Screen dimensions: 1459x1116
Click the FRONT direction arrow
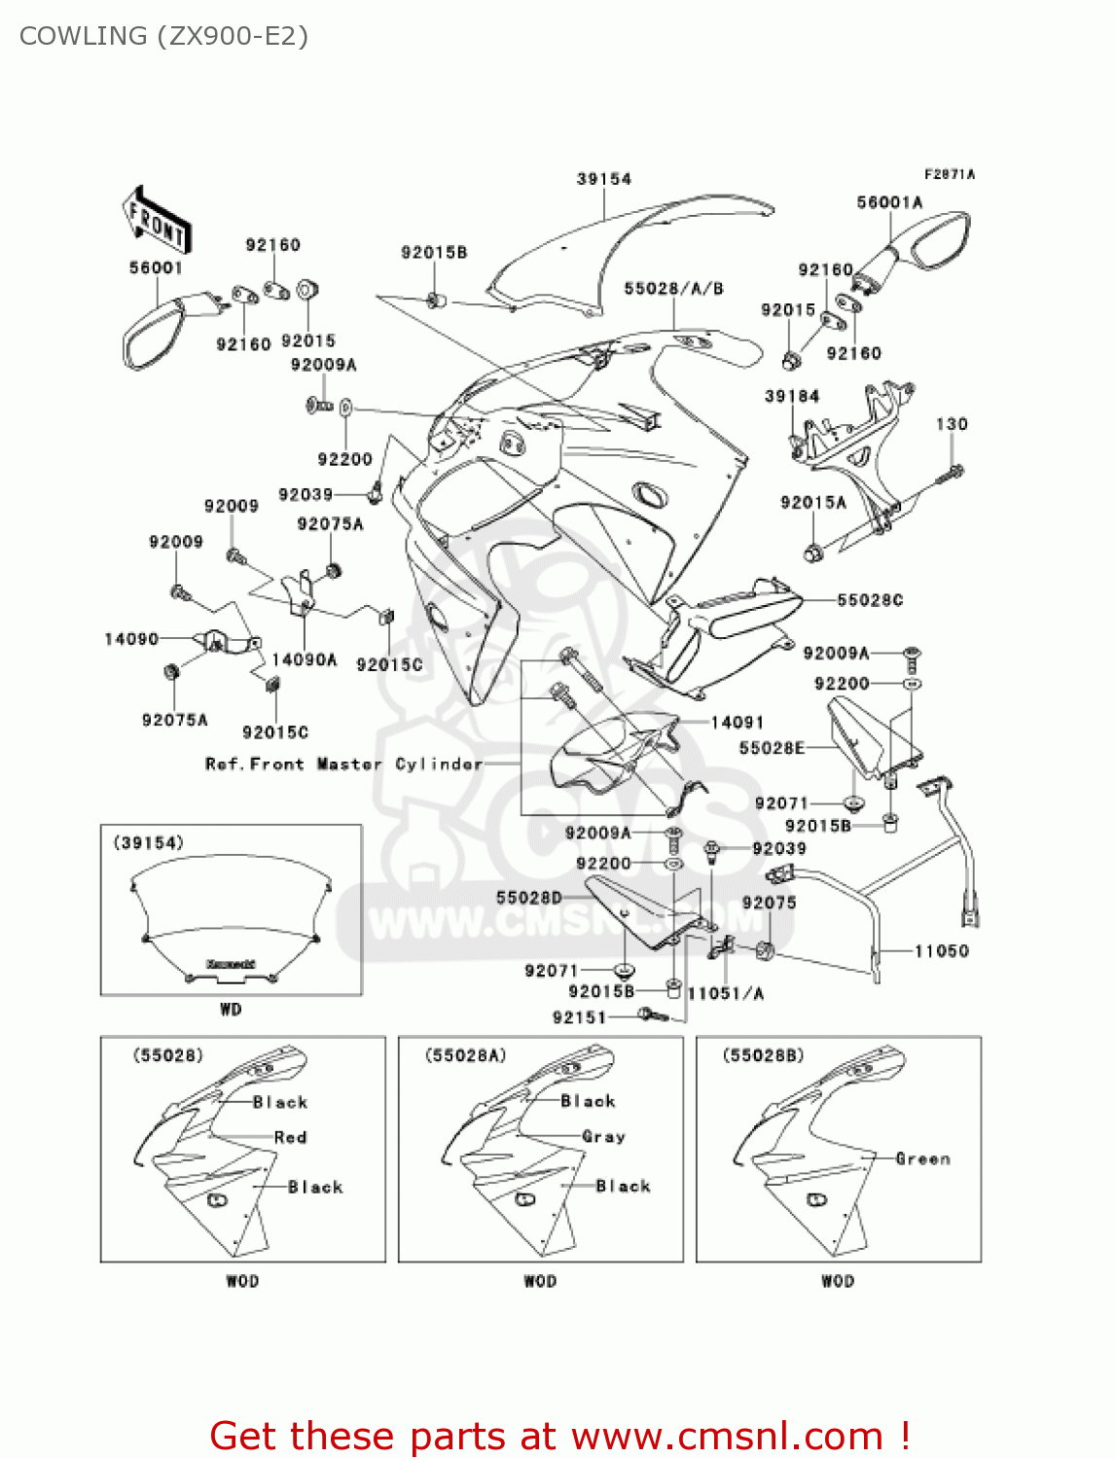pos(156,221)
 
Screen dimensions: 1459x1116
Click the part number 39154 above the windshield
pos(603,179)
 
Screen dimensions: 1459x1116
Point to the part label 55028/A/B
pos(673,289)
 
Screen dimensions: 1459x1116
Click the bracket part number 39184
pos(791,396)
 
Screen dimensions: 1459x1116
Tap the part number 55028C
pos(870,600)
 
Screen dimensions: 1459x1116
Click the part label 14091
pos(737,722)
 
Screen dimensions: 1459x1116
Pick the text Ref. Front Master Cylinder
pos(343,765)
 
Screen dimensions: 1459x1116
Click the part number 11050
pos(941,951)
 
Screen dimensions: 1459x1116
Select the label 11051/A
pos(725,993)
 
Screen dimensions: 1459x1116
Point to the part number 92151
pos(579,1017)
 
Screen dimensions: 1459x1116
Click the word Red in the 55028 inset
pos(290,1137)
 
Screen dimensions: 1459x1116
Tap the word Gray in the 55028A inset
pos(603,1136)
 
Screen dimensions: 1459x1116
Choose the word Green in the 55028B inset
pos(922,1158)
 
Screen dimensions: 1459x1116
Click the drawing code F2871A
pos(949,174)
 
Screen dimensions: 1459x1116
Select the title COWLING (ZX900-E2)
pos(163,36)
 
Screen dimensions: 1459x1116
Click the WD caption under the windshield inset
pos(231,1010)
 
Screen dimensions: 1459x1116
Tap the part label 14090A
pos(304,659)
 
